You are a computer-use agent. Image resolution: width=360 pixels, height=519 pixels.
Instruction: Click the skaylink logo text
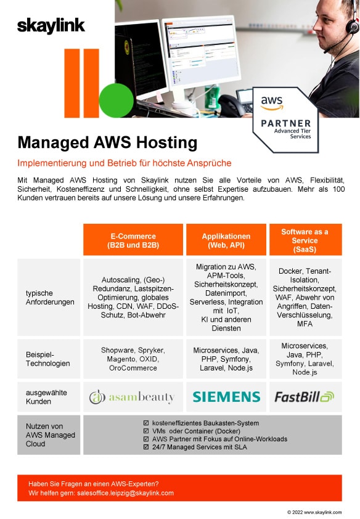[51, 27]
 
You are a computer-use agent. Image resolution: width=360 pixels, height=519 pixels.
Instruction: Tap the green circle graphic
[116, 100]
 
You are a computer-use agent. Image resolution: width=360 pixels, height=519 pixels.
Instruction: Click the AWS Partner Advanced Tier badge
[285, 120]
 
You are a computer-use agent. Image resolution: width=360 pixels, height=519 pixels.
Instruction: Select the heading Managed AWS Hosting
[107, 142]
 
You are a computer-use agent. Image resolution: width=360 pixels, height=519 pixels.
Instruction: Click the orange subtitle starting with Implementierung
[125, 163]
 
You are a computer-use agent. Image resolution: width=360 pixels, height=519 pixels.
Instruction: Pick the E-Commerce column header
[133, 240]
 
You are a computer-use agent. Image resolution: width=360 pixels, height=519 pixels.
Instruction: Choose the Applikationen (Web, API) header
[226, 240]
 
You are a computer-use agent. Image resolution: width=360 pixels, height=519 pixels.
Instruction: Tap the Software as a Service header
[305, 240]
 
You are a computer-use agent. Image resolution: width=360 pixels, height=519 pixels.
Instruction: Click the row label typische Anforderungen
[50, 297]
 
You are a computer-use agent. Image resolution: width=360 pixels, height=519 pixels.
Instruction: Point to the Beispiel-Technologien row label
[48, 359]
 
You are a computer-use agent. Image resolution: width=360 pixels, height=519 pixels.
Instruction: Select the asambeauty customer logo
[132, 397]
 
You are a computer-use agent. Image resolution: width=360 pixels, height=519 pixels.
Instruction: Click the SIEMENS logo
[226, 396]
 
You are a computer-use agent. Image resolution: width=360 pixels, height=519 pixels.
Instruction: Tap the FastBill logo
[305, 396]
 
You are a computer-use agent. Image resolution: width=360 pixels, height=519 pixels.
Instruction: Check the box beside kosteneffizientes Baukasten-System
[146, 423]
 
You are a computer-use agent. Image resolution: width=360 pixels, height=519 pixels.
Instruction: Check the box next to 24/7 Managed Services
[146, 447]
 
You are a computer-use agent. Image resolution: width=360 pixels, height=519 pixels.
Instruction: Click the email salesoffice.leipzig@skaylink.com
[125, 493]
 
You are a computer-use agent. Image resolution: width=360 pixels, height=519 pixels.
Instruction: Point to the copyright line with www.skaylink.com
[314, 512]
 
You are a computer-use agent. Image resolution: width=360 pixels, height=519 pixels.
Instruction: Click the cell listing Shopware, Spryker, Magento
[133, 359]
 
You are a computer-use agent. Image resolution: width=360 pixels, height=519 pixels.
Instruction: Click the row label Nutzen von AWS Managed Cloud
[51, 435]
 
